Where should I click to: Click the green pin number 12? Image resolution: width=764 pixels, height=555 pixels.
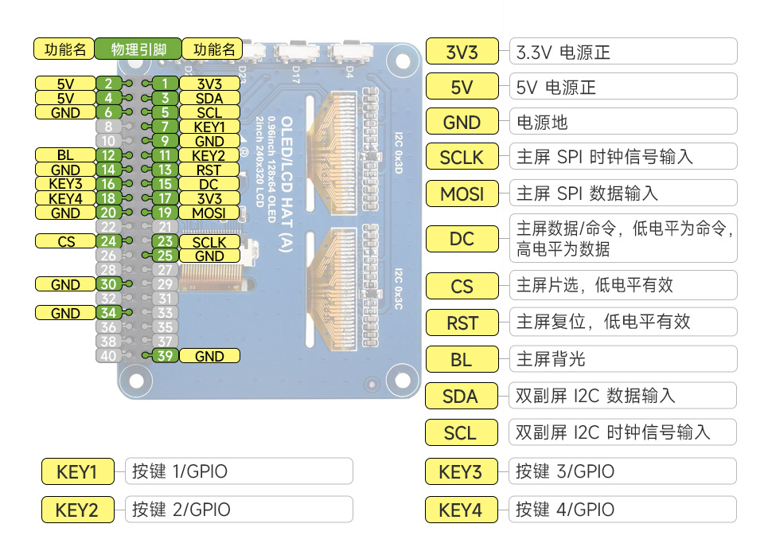pos(108,155)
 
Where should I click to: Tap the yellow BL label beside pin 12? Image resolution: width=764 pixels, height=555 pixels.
pos(65,155)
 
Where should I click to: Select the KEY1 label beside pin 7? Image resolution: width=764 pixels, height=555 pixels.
pos(209,127)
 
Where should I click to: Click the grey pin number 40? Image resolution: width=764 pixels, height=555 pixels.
pos(108,356)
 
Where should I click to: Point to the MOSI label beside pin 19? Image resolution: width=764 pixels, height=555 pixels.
pos(209,213)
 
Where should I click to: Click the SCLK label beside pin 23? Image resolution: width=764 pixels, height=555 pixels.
pos(209,241)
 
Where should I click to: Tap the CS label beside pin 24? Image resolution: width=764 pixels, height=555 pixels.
pos(65,241)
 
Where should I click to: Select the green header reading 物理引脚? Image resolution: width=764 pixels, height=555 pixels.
pos(138,49)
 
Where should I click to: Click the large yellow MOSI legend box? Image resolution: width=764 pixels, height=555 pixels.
pos(462,193)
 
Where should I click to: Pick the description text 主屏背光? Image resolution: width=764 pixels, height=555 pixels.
pos(551,359)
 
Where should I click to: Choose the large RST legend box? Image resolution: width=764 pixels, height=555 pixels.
pos(462,322)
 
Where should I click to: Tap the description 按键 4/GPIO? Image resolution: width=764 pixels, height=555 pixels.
pos(565,509)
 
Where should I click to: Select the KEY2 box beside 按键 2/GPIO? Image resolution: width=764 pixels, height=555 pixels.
pos(77,509)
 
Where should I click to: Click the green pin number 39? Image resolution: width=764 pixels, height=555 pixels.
pos(165,356)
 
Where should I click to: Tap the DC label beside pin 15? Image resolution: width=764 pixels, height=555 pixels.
pos(209,184)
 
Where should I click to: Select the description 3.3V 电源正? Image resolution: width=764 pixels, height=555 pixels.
pos(563,53)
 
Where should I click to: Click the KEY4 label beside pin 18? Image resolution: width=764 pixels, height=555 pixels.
pos(65,198)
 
